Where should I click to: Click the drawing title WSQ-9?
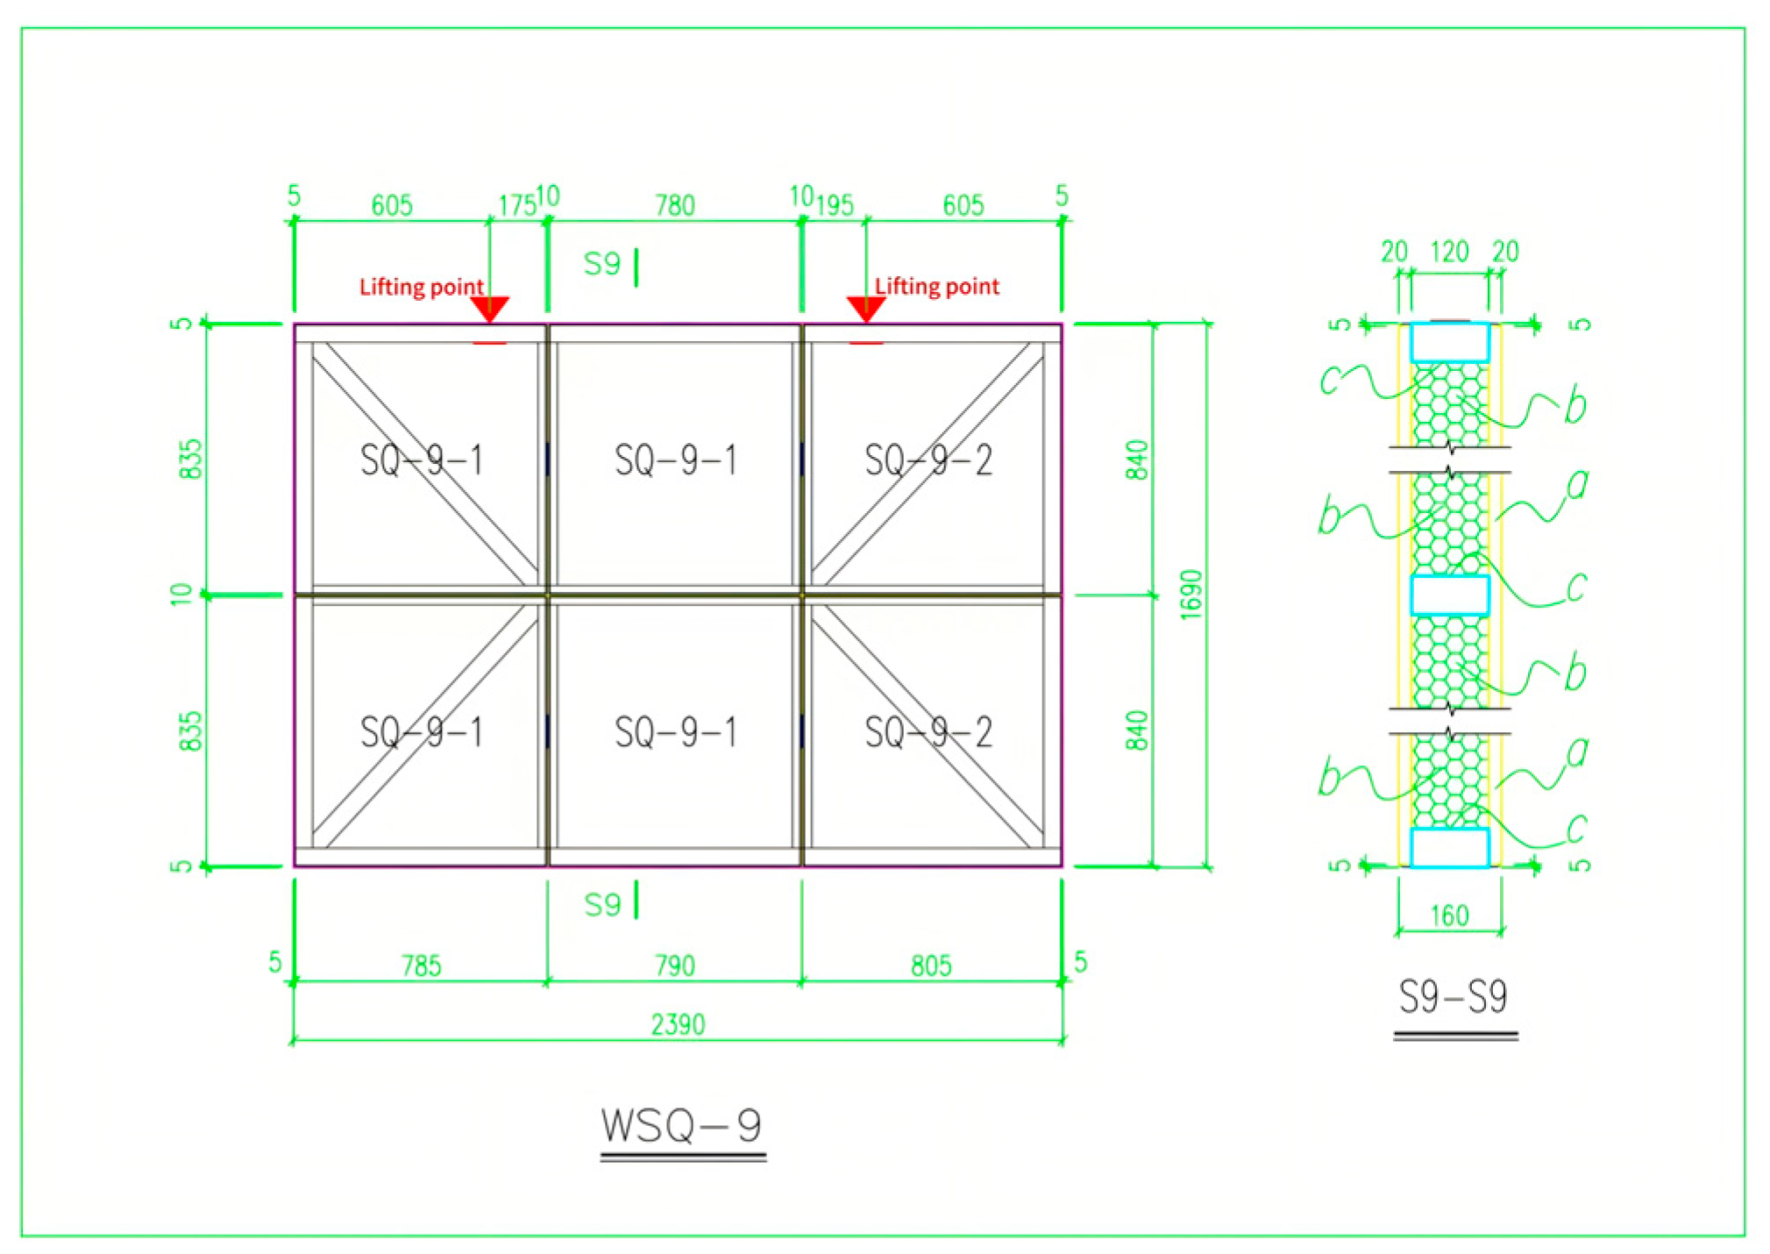[x=682, y=1126]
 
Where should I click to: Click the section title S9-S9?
[x=1453, y=997]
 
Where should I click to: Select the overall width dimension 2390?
[x=678, y=1024]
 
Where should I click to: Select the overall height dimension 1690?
[x=1191, y=595]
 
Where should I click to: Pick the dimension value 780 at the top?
[x=674, y=206]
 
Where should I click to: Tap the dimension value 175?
[x=516, y=206]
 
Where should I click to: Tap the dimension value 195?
[x=834, y=206]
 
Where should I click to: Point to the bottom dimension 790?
[x=674, y=965]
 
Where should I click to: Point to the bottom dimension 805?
[x=930, y=965]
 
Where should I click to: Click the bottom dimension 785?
[x=421, y=965]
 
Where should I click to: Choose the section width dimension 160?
[x=1449, y=916]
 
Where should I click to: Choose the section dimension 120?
[x=1449, y=253]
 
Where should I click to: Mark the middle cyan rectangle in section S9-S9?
[x=1449, y=595]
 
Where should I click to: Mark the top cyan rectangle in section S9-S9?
[x=1449, y=343]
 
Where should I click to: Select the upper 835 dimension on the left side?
[x=190, y=460]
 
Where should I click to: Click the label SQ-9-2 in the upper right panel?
[x=928, y=460]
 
